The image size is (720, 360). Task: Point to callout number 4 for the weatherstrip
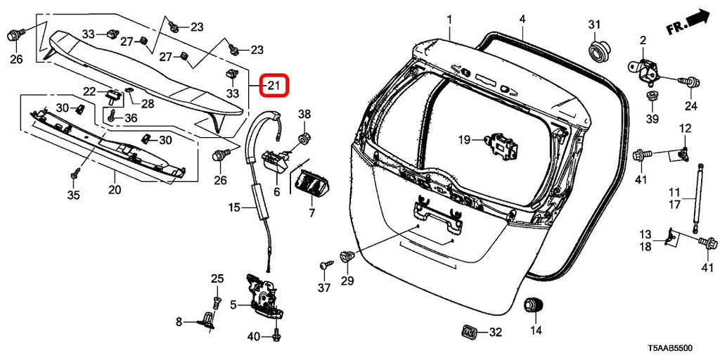tap(522, 18)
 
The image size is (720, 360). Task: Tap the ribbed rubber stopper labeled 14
tap(536, 307)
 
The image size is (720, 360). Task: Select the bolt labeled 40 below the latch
tap(276, 336)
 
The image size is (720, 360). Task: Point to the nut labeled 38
tap(304, 135)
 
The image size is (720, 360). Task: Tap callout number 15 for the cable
tap(234, 207)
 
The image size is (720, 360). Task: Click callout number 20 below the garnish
tap(115, 190)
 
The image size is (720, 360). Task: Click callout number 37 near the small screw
tap(323, 288)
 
